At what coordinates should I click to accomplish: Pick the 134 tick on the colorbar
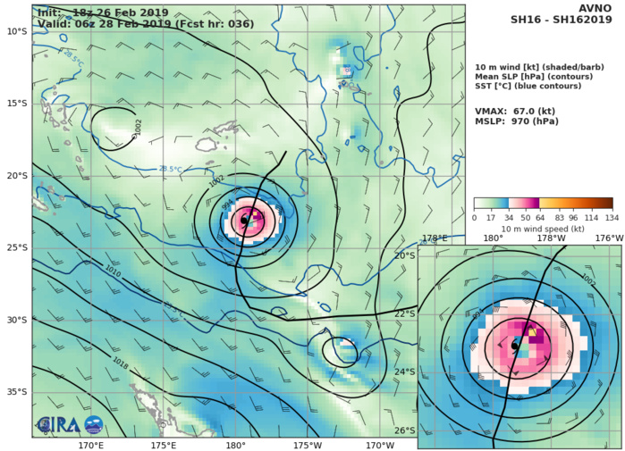point(612,217)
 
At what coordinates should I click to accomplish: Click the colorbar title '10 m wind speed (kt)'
point(543,229)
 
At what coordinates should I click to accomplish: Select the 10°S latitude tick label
point(16,30)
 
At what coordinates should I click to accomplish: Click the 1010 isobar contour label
point(113,269)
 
